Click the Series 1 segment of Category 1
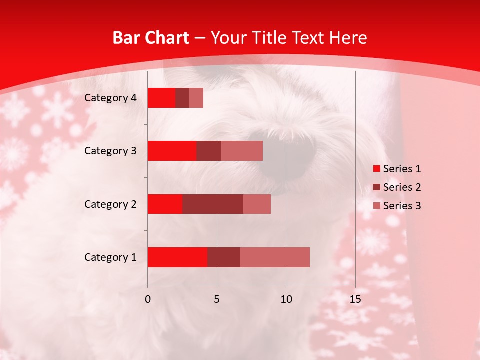[x=177, y=257]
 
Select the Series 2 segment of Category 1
[x=224, y=257]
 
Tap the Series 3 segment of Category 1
[x=275, y=257]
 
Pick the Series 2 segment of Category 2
[x=213, y=204]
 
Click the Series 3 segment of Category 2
[x=257, y=204]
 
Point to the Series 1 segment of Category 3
[x=172, y=151]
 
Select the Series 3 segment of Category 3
[x=242, y=151]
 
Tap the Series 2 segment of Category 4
[x=182, y=98]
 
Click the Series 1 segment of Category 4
[x=161, y=98]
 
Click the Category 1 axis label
[x=110, y=257]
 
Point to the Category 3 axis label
[x=110, y=151]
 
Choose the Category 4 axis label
[x=110, y=98]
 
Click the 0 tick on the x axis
[x=148, y=299]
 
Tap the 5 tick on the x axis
[x=217, y=299]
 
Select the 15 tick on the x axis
[x=355, y=299]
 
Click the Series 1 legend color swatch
[x=377, y=169]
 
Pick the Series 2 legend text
[x=402, y=187]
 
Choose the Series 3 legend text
[x=402, y=206]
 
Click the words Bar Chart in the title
[x=151, y=38]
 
